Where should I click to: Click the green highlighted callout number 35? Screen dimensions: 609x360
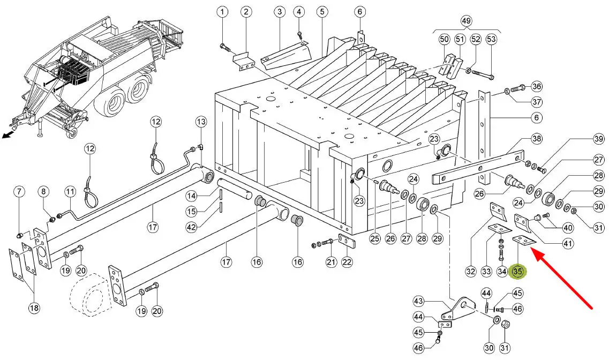coord(518,272)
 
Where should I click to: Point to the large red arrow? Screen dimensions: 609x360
coord(561,280)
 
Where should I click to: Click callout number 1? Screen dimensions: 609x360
coord(222,12)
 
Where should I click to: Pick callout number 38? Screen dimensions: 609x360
coord(537,139)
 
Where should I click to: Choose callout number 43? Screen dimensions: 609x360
coord(418,301)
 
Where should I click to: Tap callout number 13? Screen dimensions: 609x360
coord(201,122)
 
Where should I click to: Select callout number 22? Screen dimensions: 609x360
coord(347,262)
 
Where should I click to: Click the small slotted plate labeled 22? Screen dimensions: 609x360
coord(347,241)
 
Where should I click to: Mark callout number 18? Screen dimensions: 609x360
coord(34,308)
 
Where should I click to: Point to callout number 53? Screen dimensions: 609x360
coord(491,39)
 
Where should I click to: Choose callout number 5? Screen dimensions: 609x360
coord(322,12)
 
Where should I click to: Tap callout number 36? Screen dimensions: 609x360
coord(537,86)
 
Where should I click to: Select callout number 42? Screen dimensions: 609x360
coord(191,227)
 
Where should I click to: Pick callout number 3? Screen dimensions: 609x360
coord(279,12)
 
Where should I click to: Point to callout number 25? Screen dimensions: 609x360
coord(375,238)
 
